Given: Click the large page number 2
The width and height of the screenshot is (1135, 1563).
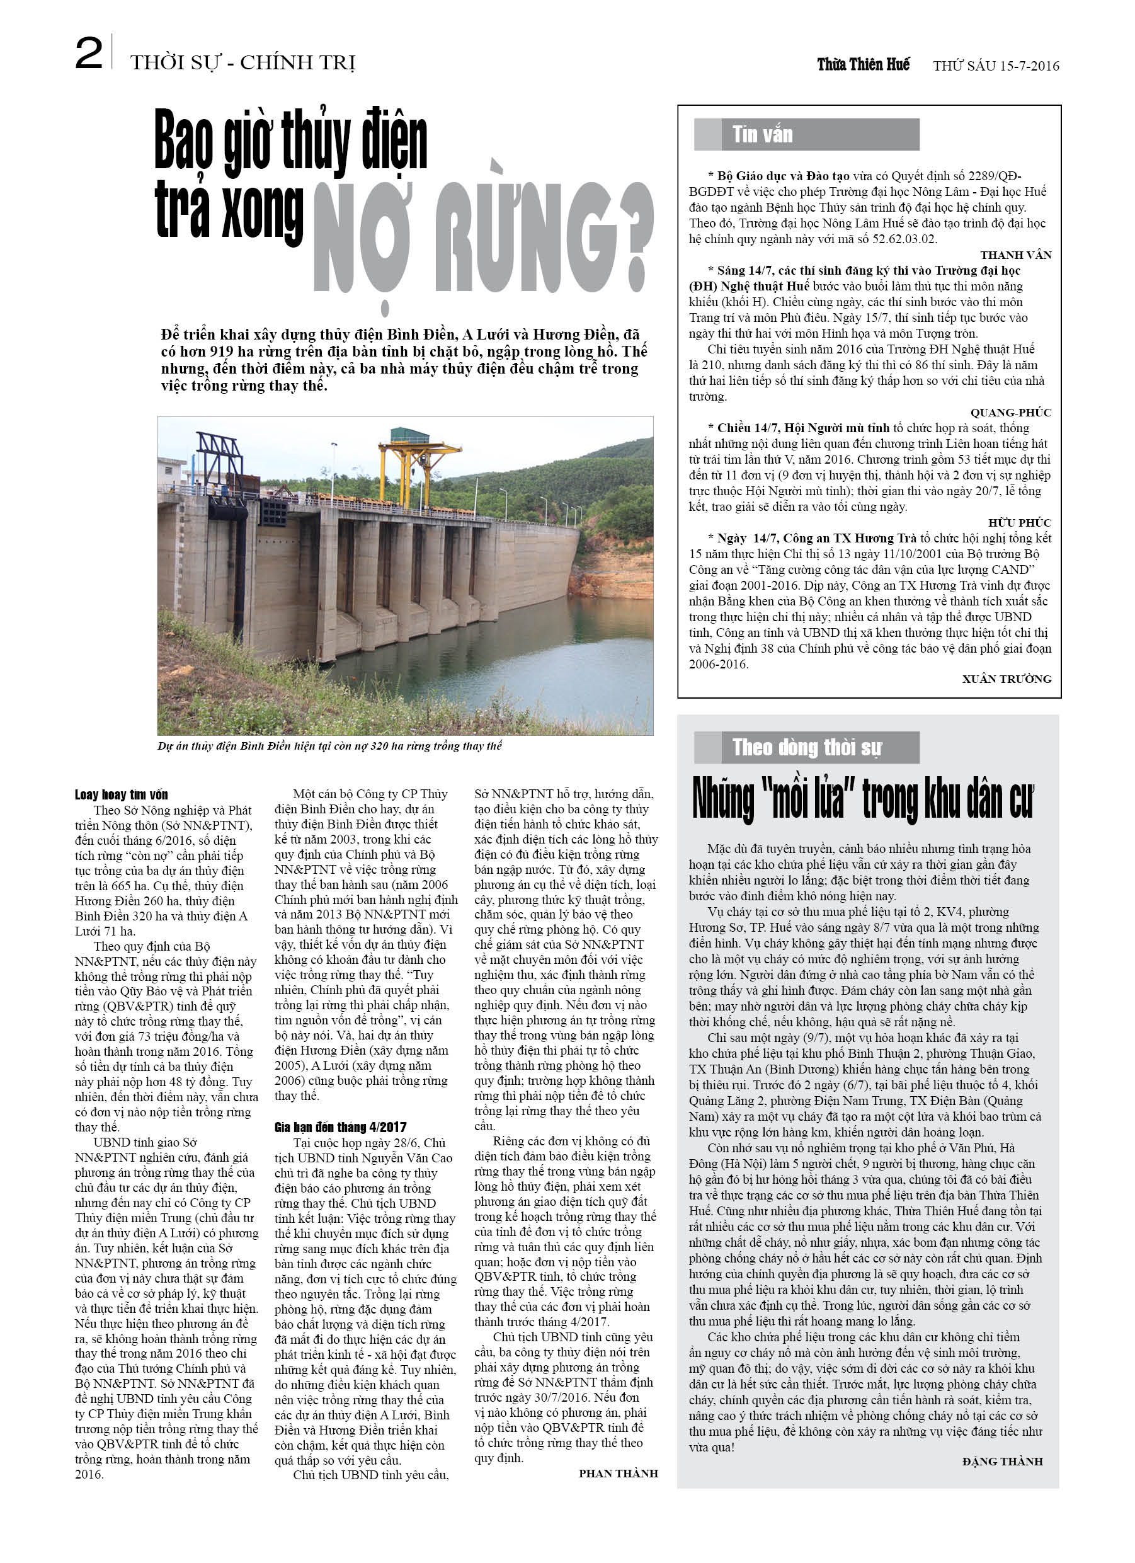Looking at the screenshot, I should click(89, 54).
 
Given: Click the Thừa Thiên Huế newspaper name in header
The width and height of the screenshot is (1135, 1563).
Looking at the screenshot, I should click(863, 65).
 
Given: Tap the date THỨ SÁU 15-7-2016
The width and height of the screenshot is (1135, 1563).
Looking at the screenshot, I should click(996, 66).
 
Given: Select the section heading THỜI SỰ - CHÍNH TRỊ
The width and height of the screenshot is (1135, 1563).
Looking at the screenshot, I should click(242, 64).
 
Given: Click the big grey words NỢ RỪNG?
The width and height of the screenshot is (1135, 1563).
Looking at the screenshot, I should click(482, 238).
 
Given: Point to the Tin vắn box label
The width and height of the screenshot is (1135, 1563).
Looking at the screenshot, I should click(762, 134).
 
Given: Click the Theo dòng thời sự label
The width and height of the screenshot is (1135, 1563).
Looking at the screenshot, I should click(806, 747).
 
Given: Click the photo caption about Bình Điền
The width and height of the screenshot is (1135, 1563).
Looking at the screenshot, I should click(329, 746).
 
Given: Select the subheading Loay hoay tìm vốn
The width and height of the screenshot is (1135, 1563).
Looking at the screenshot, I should click(122, 794).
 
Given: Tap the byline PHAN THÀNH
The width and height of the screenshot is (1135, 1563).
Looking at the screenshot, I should click(618, 1473).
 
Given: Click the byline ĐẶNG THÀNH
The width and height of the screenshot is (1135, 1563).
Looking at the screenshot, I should click(1003, 1461).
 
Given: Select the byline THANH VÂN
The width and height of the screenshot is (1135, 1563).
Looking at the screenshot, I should click(1016, 255).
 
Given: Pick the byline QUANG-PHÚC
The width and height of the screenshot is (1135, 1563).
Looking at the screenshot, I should click(1011, 412).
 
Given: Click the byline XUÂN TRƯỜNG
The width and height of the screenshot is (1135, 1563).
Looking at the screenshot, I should click(1007, 679).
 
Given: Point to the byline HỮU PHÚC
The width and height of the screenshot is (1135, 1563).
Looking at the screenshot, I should click(1019, 522).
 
